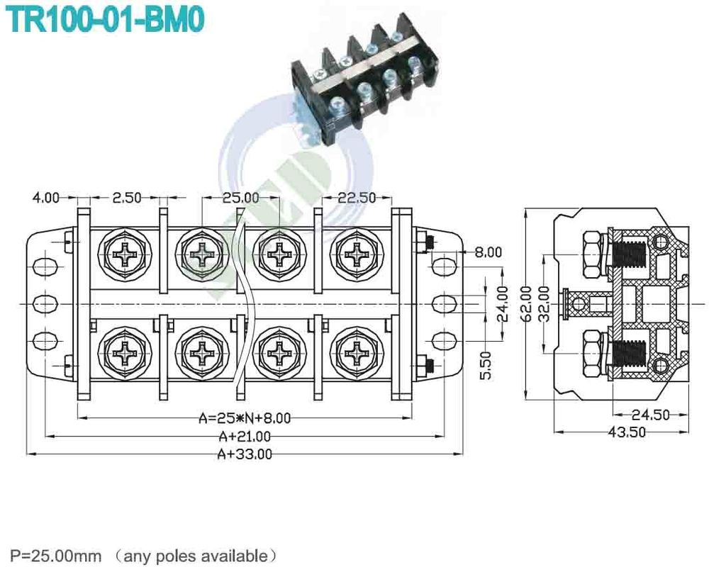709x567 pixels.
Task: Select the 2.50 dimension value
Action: (x=127, y=198)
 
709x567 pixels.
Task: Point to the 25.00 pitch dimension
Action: (x=241, y=198)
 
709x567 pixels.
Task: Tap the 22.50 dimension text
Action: (x=356, y=198)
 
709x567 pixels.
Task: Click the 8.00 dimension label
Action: (x=488, y=252)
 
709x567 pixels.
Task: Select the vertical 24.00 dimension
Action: (x=503, y=304)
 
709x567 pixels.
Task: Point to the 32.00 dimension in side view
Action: (x=543, y=304)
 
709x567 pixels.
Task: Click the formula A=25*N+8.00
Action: (x=245, y=418)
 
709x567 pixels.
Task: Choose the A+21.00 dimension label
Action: (x=245, y=436)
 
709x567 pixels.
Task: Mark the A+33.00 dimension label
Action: (x=245, y=454)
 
